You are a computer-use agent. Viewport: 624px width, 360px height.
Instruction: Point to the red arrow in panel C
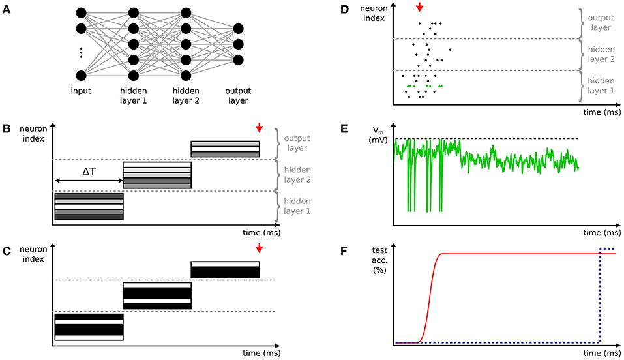tap(259, 248)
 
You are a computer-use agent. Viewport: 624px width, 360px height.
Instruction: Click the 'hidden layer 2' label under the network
tap(186, 97)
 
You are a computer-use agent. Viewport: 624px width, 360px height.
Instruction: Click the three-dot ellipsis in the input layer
tap(81, 52)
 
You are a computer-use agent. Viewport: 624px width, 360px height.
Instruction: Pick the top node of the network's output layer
tap(238, 29)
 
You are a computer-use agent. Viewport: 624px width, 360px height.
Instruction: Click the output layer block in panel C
tap(225, 269)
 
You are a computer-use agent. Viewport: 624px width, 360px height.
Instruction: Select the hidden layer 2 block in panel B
tap(157, 175)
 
